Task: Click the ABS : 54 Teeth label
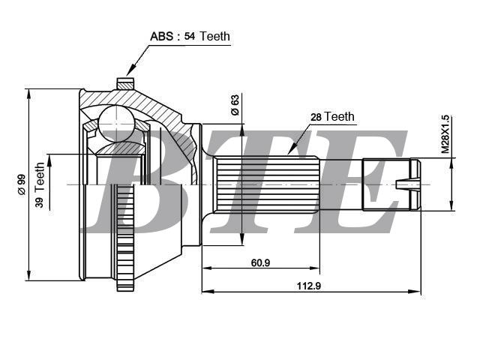[x=190, y=37]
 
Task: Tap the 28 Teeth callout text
[x=332, y=117]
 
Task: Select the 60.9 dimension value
[x=260, y=262]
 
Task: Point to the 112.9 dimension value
[x=309, y=286]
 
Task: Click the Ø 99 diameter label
[x=22, y=185]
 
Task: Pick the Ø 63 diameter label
[x=235, y=105]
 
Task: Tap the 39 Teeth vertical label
[x=40, y=185]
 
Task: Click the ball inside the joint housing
[x=117, y=123]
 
